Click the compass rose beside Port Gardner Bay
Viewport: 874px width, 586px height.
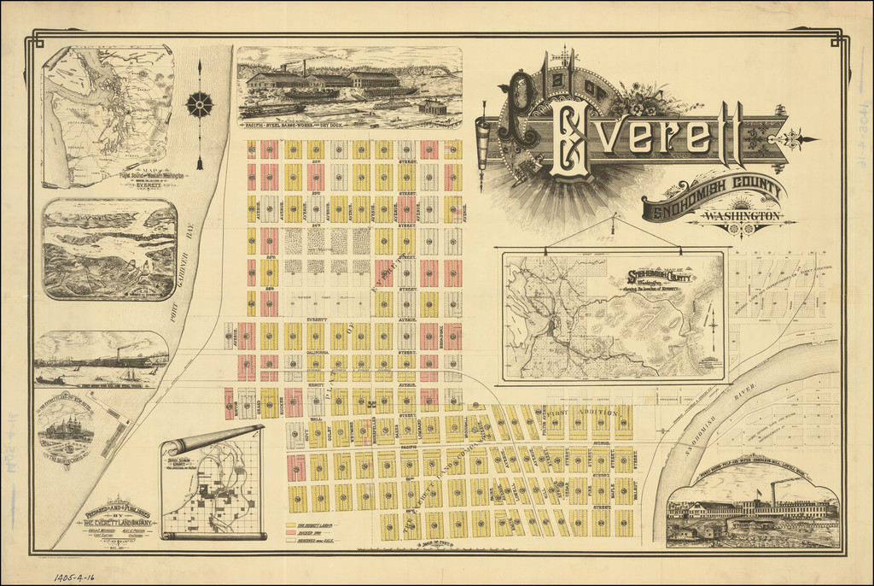pyautogui.click(x=200, y=105)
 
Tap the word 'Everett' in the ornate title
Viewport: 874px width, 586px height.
pyautogui.click(x=649, y=136)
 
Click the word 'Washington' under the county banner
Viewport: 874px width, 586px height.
pyautogui.click(x=741, y=217)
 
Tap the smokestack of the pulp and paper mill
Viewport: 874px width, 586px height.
pyautogui.click(x=774, y=492)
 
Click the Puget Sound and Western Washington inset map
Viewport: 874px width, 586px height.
pyautogui.click(x=108, y=115)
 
